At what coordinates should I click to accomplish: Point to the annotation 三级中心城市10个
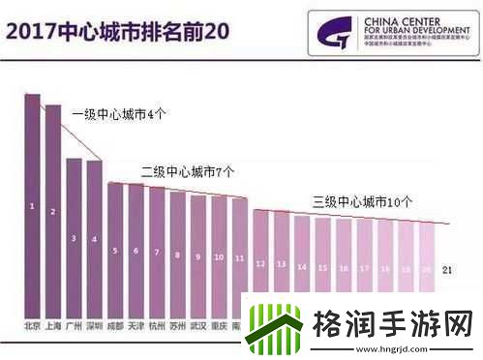coord(363,202)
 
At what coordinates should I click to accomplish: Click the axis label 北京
coord(32,326)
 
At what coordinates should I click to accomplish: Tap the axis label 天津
coord(136,326)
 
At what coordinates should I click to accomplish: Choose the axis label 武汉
coord(197,326)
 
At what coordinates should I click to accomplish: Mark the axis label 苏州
coord(177,326)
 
